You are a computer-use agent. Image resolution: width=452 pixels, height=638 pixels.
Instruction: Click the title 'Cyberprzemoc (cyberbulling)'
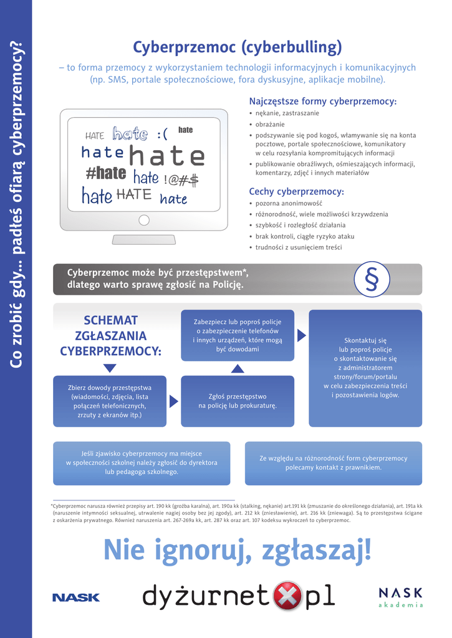tap(238, 47)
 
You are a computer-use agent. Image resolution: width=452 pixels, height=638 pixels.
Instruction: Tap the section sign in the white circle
tap(372, 279)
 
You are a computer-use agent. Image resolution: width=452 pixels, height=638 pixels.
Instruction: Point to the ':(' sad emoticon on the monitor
tap(162, 134)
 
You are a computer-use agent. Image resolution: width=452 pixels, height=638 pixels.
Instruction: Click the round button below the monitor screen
tap(144, 220)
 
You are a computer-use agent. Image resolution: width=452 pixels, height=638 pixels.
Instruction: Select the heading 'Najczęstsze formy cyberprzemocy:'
tap(322, 101)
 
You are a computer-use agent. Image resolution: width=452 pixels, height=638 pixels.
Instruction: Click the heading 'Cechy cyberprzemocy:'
tap(296, 191)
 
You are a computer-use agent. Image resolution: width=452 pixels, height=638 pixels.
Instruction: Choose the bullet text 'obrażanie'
tap(270, 124)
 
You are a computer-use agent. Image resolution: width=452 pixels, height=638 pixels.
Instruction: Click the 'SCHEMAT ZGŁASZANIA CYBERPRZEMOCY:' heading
tap(110, 336)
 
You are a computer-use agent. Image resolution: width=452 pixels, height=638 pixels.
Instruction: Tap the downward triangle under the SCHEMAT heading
tap(110, 368)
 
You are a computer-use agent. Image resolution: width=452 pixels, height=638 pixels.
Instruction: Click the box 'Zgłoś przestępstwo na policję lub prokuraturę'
tap(237, 401)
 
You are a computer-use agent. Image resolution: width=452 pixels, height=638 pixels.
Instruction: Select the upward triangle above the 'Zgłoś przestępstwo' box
tap(237, 369)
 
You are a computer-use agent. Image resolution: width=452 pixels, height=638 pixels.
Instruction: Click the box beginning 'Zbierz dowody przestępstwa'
tap(110, 401)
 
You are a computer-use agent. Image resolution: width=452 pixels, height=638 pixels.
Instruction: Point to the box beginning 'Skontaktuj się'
tap(365, 368)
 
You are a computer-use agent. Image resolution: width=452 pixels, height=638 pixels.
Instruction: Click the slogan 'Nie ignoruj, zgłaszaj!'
tap(237, 550)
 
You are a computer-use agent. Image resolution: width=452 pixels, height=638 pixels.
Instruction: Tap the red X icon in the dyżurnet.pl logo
tap(288, 596)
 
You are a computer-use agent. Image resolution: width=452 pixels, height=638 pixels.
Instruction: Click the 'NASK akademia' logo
tap(400, 596)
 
